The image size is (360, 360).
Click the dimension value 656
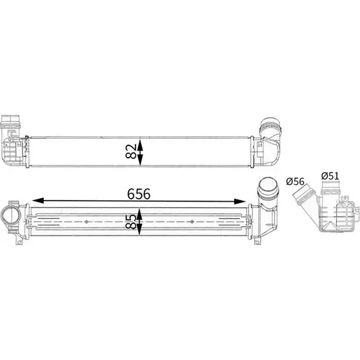[139, 194]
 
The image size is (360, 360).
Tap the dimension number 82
[131, 151]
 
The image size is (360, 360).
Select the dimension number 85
[131, 222]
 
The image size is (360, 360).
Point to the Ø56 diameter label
[295, 181]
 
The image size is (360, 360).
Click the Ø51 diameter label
[330, 176]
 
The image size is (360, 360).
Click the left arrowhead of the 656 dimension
[38, 201]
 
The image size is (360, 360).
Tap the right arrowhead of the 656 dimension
[240, 201]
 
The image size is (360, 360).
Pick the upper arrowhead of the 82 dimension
[140, 143]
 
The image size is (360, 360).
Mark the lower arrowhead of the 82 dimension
[140, 160]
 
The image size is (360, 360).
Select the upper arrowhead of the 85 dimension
[140, 214]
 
